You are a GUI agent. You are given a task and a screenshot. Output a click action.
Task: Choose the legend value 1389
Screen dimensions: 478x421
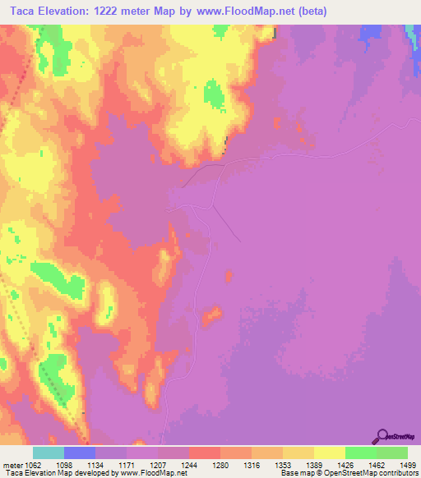pos(316,465)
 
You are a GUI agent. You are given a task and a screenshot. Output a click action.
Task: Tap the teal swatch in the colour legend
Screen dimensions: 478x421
pos(49,453)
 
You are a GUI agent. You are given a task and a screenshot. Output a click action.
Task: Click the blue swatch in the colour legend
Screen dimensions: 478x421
pos(80,453)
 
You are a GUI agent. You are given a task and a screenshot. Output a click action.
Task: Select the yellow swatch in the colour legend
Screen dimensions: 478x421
pos(330,453)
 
